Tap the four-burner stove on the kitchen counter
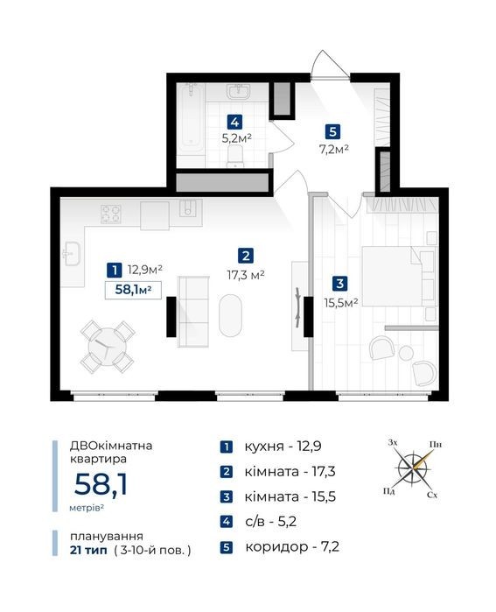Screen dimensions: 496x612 point(111,214)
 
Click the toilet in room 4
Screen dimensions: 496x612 point(235,156)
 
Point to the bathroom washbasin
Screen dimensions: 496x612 point(238,92)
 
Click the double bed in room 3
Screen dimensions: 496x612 point(399,276)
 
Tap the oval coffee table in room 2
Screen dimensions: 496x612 point(230,315)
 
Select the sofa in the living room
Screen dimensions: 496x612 point(193,312)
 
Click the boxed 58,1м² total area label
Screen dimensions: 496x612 point(133,290)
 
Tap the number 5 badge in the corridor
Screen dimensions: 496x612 point(332,131)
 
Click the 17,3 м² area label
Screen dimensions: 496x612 point(246,275)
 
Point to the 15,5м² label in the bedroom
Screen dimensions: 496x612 point(341,302)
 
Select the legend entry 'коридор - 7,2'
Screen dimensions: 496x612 point(292,547)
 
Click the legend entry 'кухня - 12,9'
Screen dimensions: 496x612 point(283,447)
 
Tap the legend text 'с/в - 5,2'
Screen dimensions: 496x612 point(270,522)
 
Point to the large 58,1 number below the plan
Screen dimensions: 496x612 point(101,484)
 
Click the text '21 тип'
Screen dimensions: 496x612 point(88,551)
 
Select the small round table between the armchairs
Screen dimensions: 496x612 point(406,353)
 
